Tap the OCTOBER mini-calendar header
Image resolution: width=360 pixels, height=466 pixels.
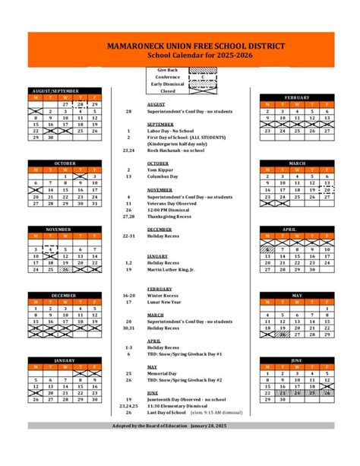(x=65, y=163)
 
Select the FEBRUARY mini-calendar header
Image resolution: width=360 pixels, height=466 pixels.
(x=297, y=98)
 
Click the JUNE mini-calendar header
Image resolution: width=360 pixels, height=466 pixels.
(x=297, y=360)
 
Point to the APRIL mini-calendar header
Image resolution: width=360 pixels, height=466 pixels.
(x=297, y=229)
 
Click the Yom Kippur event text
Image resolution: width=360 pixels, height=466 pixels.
(x=160, y=170)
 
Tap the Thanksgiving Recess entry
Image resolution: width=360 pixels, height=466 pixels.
(x=172, y=216)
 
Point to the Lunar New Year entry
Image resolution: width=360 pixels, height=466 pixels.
(x=166, y=302)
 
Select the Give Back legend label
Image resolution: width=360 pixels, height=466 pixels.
(x=168, y=70)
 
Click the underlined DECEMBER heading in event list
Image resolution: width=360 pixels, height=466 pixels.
(x=159, y=229)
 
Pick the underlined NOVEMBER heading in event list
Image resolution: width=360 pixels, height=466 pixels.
(x=160, y=189)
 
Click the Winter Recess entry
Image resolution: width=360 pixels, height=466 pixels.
(x=164, y=295)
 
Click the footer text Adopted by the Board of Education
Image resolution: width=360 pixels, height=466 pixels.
(x=180, y=425)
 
